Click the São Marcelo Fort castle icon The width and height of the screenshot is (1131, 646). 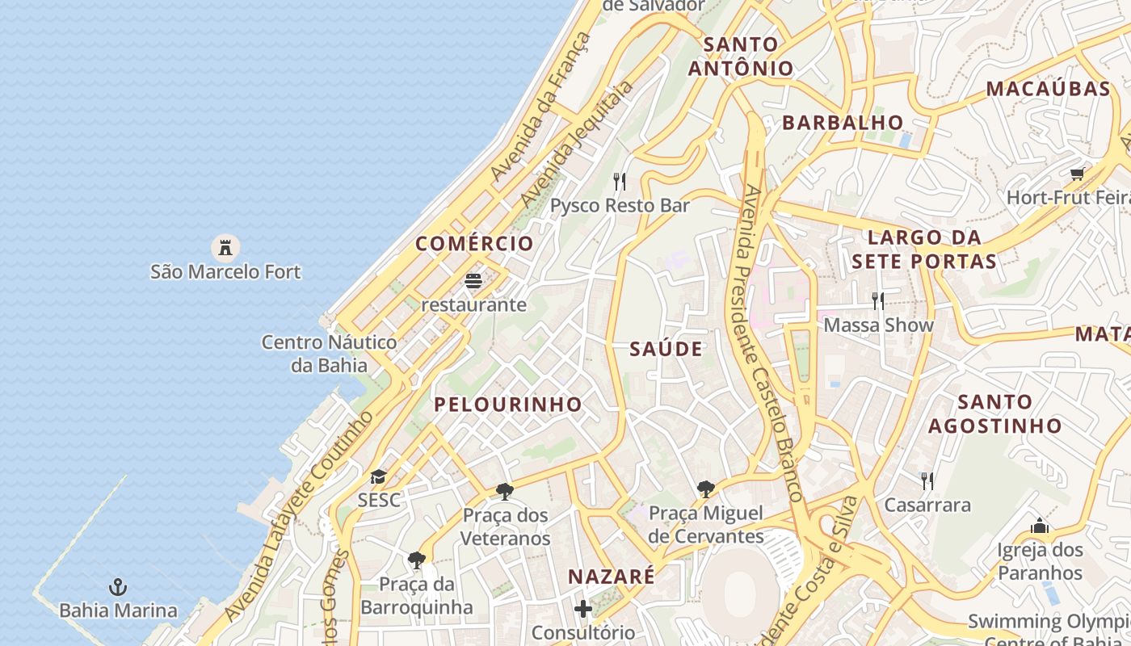[225, 246]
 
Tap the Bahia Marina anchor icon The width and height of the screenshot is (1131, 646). [119, 586]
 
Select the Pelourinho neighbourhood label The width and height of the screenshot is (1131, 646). [508, 405]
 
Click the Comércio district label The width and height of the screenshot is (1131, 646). [475, 243]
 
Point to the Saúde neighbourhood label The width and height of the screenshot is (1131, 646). [666, 349]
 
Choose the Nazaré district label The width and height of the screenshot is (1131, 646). [612, 577]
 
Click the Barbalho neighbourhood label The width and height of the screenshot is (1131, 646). [843, 123]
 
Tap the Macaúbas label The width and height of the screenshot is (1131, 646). [1049, 89]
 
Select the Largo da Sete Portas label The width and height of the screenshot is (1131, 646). [924, 250]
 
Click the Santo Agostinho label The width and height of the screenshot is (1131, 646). [995, 413]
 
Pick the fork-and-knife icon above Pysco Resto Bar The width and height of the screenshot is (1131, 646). [620, 181]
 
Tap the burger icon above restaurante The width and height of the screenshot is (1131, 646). [473, 281]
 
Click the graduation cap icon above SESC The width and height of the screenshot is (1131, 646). [378, 476]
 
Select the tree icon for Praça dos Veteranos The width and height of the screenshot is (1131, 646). [505, 491]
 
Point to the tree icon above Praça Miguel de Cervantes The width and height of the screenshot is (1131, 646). [705, 489]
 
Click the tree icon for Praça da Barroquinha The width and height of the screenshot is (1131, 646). [416, 560]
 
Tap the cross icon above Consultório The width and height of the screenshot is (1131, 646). [583, 608]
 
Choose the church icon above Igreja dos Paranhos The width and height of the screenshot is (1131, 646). [1040, 526]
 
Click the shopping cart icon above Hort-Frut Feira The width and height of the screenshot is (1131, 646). [1078, 174]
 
